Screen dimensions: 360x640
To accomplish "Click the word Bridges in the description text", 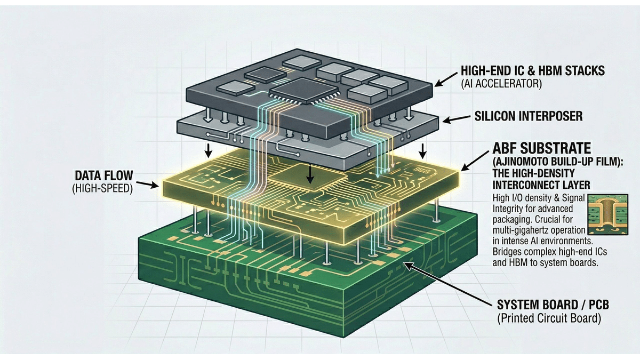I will pos(506,253).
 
